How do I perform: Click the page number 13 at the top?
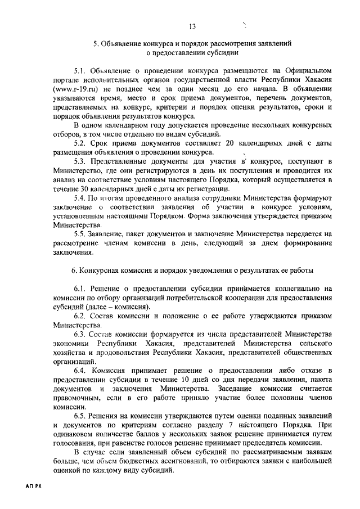tap(192, 26)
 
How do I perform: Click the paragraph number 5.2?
tap(82, 143)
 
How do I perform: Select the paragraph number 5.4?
tap(82, 199)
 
